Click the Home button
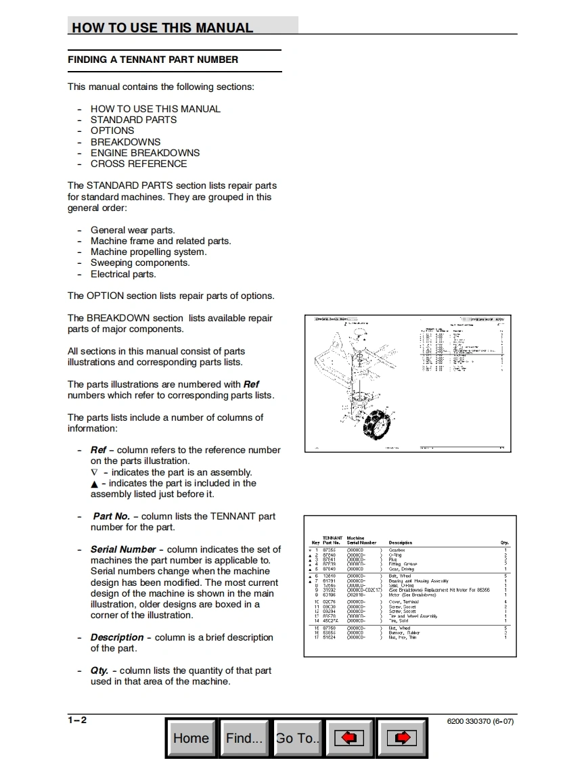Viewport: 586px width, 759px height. pyautogui.click(x=191, y=738)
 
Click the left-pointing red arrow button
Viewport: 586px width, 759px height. pyautogui.click(x=349, y=738)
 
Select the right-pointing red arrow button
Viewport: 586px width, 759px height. pyautogui.click(x=401, y=738)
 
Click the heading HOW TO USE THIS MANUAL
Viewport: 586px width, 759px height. pyautogui.click(x=162, y=28)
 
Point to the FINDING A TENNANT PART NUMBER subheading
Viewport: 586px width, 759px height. pyautogui.click(x=153, y=60)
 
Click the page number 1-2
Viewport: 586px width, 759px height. pyautogui.click(x=77, y=720)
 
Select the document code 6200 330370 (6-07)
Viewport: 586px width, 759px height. pyautogui.click(x=480, y=721)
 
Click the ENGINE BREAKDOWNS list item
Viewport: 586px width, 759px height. pyautogui.click(x=145, y=153)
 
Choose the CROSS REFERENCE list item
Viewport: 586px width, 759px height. pyautogui.click(x=139, y=164)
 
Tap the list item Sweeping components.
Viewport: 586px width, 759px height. pyautogui.click(x=140, y=262)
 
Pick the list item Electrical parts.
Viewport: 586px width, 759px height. pyautogui.click(x=123, y=274)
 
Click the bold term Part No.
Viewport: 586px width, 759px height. pyautogui.click(x=111, y=516)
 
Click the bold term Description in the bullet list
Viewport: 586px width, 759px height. pyautogui.click(x=117, y=637)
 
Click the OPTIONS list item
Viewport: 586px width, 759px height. pyautogui.click(x=112, y=131)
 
